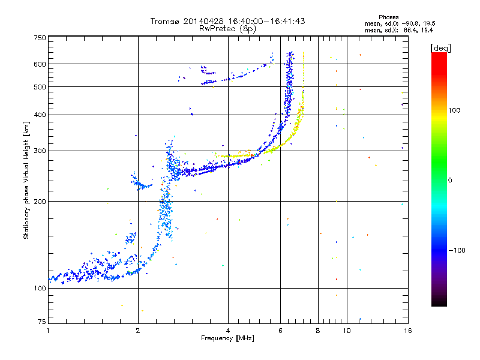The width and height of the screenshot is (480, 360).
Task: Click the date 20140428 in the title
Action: pyautogui.click(x=203, y=21)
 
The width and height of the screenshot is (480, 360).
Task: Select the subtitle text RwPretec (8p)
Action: pyautogui.click(x=227, y=29)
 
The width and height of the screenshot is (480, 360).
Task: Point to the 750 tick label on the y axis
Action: pyautogui.click(x=40, y=38)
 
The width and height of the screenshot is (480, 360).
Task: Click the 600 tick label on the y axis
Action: pyautogui.click(x=40, y=64)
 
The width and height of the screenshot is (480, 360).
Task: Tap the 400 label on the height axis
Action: pyautogui.click(x=40, y=115)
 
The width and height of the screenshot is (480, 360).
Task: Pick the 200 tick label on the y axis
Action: pyautogui.click(x=40, y=202)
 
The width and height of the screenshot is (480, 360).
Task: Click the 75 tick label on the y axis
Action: pyautogui.click(x=42, y=322)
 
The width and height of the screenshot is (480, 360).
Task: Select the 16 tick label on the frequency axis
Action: pyautogui.click(x=408, y=331)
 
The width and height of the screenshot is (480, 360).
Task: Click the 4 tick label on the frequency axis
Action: pyautogui.click(x=228, y=331)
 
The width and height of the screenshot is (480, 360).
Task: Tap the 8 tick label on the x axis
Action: pyautogui.click(x=318, y=331)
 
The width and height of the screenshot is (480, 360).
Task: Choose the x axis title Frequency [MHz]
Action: pyautogui.click(x=227, y=338)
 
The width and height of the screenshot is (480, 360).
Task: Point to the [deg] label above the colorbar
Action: pyautogui.click(x=440, y=49)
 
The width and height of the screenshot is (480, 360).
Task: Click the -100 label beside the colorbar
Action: pyautogui.click(x=457, y=250)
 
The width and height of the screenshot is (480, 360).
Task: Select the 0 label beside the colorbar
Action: pyautogui.click(x=450, y=181)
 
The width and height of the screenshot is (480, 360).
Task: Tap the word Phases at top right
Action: pyautogui.click(x=388, y=17)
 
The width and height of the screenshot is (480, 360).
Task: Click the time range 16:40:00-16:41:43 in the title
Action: pyautogui.click(x=266, y=21)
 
